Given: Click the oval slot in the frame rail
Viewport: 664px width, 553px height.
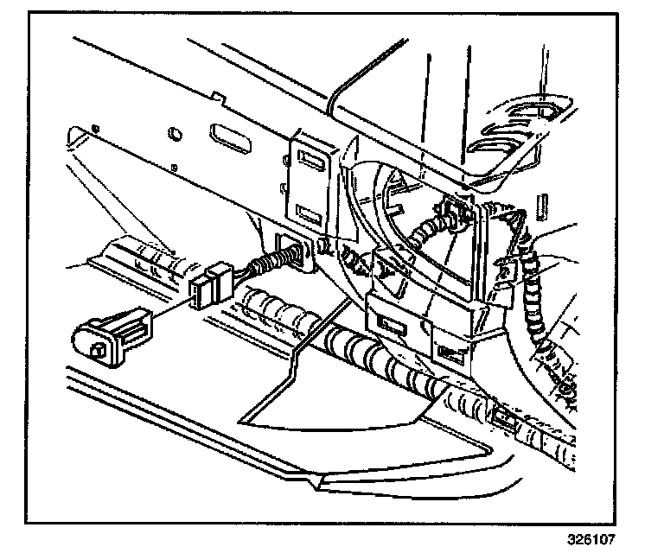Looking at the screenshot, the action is click(x=227, y=137).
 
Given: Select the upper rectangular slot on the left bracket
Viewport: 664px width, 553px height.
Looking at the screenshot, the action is click(x=309, y=162).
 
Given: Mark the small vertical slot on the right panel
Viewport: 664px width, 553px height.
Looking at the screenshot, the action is click(x=544, y=207).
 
